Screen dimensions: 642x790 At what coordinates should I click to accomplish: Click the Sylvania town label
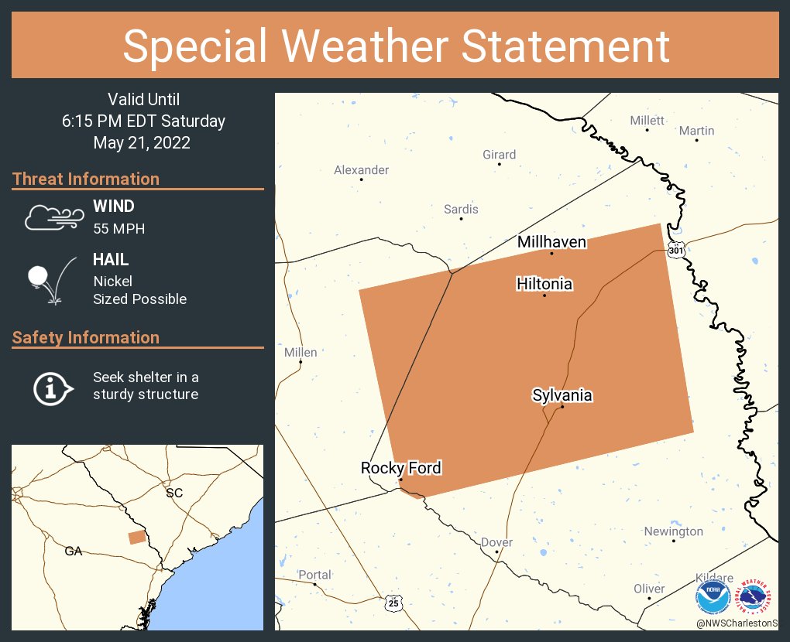pyautogui.click(x=562, y=395)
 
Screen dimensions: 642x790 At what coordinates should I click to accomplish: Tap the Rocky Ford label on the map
pyautogui.click(x=400, y=468)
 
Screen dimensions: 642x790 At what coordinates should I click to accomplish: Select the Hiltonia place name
pyautogui.click(x=544, y=284)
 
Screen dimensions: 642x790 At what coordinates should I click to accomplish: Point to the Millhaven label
pyautogui.click(x=551, y=242)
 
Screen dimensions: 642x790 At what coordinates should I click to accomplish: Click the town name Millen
pyautogui.click(x=301, y=352)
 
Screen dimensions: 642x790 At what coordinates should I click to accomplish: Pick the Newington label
pyautogui.click(x=674, y=531)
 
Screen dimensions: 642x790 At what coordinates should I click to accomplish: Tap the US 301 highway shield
pyautogui.click(x=675, y=251)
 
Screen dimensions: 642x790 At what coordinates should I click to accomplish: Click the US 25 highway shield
pyautogui.click(x=394, y=601)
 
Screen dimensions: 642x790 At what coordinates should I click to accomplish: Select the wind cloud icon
pyautogui.click(x=53, y=217)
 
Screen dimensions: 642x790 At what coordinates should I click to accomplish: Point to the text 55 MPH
pyautogui.click(x=118, y=228)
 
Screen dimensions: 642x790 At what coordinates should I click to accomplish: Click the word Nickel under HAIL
pyautogui.click(x=112, y=281)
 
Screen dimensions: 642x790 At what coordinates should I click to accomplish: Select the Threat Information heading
pyautogui.click(x=86, y=179)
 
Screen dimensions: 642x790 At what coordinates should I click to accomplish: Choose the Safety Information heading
pyautogui.click(x=86, y=337)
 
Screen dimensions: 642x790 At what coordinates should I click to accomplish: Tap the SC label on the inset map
pyautogui.click(x=173, y=492)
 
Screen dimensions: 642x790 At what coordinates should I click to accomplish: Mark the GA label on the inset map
pyautogui.click(x=74, y=551)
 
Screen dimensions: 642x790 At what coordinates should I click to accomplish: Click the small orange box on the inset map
pyautogui.click(x=136, y=537)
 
